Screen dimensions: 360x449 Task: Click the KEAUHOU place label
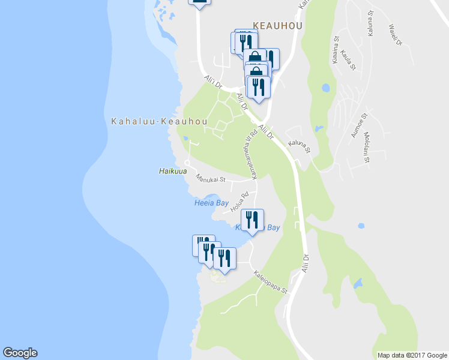pyautogui.click(x=278, y=26)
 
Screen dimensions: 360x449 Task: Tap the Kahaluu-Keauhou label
pyautogui.click(x=159, y=122)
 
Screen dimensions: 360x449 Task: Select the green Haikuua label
pyautogui.click(x=171, y=171)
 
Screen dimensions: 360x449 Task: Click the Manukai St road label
pyautogui.click(x=210, y=178)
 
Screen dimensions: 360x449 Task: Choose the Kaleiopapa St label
pyautogui.click(x=271, y=281)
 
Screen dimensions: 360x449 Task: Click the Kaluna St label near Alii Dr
pyautogui.click(x=298, y=146)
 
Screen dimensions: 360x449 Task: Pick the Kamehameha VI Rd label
pyautogui.click(x=250, y=154)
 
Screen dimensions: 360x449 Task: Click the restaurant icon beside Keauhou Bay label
pyautogui.click(x=252, y=220)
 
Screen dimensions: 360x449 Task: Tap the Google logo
pyautogui.click(x=20, y=353)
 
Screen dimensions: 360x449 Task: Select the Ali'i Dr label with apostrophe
pyautogui.click(x=213, y=82)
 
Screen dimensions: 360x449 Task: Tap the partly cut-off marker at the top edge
pyautogui.click(x=200, y=4)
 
